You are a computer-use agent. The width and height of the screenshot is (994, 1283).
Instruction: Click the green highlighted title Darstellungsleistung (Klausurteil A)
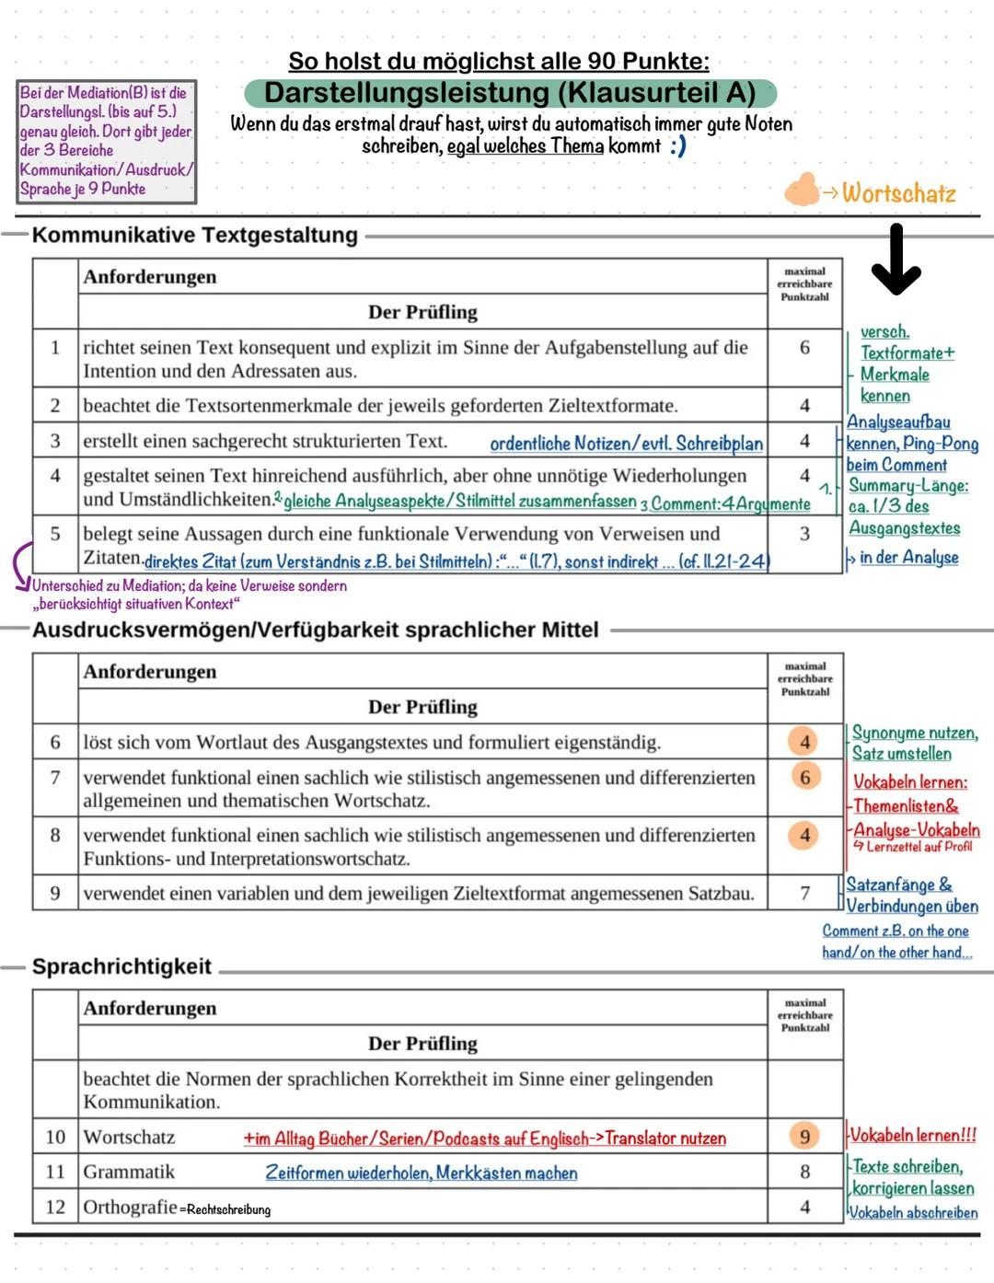[510, 93]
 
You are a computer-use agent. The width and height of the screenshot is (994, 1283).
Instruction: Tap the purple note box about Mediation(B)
[106, 141]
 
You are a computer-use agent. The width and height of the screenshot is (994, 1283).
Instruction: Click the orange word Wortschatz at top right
[898, 193]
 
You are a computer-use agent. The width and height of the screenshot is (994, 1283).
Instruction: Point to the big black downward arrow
[896, 260]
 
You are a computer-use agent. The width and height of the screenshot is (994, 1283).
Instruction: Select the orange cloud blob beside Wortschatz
[802, 190]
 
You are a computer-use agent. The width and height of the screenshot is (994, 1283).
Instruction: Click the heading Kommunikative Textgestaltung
[194, 235]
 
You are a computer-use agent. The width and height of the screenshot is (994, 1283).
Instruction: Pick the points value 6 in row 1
[804, 348]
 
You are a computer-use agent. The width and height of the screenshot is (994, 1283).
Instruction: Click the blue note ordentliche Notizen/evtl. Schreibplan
[626, 444]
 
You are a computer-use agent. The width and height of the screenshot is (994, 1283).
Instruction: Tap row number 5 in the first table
[55, 534]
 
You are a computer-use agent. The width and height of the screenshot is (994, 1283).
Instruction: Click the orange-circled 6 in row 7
[805, 777]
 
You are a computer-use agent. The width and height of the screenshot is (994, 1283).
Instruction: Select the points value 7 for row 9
[805, 893]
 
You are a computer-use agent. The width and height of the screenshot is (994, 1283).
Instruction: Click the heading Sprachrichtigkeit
[121, 966]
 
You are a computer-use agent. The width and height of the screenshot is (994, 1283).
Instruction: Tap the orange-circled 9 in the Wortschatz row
[805, 1137]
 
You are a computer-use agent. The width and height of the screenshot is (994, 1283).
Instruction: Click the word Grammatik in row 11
[129, 1172]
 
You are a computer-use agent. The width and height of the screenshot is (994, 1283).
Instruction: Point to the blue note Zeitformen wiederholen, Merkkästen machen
[422, 1173]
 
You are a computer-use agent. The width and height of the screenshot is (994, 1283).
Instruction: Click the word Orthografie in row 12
[130, 1207]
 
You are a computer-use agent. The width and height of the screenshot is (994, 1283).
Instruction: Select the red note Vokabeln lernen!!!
[912, 1135]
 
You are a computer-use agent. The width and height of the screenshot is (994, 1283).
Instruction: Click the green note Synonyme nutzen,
[914, 733]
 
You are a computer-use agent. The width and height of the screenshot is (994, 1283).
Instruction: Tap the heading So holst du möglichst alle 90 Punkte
[499, 62]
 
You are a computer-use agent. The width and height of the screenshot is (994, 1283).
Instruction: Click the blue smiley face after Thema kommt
[678, 146]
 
